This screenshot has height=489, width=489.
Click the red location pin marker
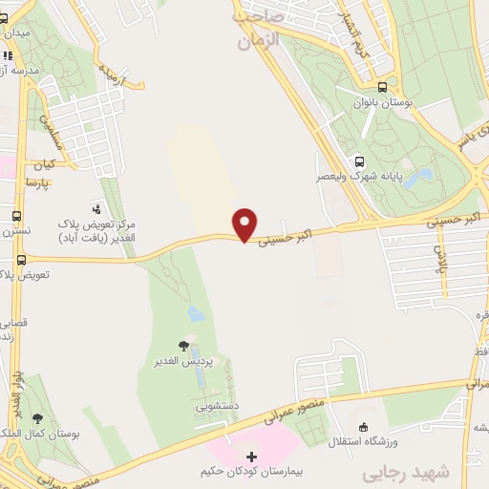[246, 224]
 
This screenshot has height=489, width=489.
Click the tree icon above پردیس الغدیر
[184, 346]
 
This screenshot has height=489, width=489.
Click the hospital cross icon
[251, 457]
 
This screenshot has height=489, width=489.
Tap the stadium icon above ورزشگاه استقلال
[363, 427]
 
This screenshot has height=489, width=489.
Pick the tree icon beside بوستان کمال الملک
[37, 418]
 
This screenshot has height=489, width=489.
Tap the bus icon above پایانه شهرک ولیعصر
[359, 161]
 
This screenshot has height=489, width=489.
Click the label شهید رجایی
[396, 474]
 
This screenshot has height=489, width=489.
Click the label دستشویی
[218, 406]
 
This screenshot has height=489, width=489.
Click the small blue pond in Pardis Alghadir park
[196, 313]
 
